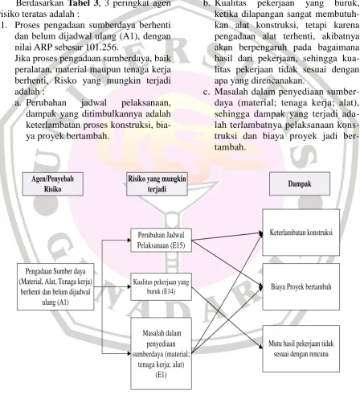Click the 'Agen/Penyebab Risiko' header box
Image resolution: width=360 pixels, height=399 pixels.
[x=53, y=184]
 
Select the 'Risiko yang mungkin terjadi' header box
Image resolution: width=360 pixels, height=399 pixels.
[x=157, y=184]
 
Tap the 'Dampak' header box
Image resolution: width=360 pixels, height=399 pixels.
[x=300, y=183]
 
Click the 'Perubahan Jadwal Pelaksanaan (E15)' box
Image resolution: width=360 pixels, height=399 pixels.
[x=162, y=241]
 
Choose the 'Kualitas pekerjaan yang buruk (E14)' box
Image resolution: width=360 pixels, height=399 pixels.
[x=162, y=286]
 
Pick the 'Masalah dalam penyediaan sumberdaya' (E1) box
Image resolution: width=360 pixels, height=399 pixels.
[x=162, y=353]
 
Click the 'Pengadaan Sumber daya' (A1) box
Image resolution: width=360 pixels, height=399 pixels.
[x=55, y=286]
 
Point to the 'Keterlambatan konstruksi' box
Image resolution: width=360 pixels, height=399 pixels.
[x=301, y=232]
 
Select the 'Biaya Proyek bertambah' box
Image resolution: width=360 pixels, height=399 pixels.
[x=301, y=286]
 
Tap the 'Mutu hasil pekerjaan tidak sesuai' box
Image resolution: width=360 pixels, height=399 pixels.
[x=301, y=348]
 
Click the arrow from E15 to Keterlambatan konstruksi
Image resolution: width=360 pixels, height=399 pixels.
[x=227, y=237]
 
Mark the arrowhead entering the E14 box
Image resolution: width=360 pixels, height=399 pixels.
[x=129, y=286]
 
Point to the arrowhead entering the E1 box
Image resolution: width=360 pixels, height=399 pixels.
[x=129, y=353]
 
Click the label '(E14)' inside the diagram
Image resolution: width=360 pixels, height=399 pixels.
[x=169, y=291]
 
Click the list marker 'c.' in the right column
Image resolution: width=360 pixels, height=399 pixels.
[x=206, y=92]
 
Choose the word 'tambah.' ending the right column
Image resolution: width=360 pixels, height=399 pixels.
[x=230, y=147]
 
